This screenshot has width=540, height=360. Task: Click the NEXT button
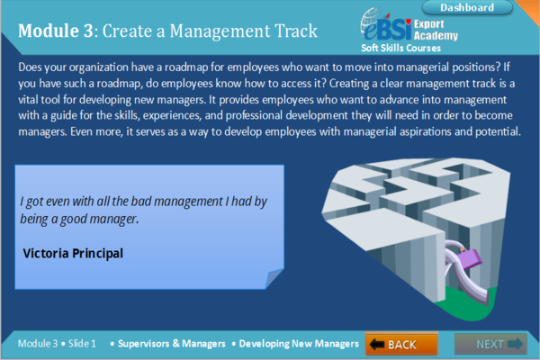coord(499,344)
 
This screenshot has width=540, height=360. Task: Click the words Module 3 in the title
coord(56,31)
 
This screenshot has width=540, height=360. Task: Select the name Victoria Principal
coord(73,253)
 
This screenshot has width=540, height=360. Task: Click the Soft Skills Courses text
coord(400,48)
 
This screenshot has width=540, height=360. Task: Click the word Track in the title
coord(290,31)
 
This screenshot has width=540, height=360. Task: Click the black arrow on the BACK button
coord(377,344)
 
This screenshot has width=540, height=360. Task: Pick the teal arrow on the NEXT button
coord(516,344)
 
